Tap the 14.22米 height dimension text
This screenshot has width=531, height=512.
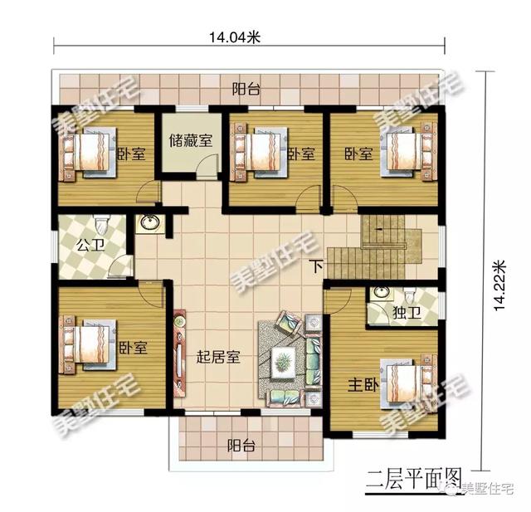[x=499, y=285]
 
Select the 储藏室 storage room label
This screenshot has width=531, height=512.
[x=191, y=140]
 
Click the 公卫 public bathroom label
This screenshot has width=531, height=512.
[x=90, y=245]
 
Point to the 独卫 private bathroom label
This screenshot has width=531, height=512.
[x=407, y=312]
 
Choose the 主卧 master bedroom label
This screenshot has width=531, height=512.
[x=363, y=385]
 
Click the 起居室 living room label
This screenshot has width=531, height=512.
[x=218, y=357]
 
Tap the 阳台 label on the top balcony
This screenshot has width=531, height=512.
[x=246, y=90]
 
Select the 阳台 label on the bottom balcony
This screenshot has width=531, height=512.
[x=241, y=446]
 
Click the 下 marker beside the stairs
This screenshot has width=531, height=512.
[x=317, y=266]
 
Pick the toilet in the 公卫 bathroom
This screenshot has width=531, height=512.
[x=100, y=225]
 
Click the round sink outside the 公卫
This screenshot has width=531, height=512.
[x=150, y=223]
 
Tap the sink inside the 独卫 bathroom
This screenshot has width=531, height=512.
[x=382, y=293]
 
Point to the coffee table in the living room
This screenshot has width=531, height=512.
[x=284, y=362]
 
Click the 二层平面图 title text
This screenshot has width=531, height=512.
[x=414, y=479]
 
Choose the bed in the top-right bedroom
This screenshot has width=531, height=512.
[x=407, y=152]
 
